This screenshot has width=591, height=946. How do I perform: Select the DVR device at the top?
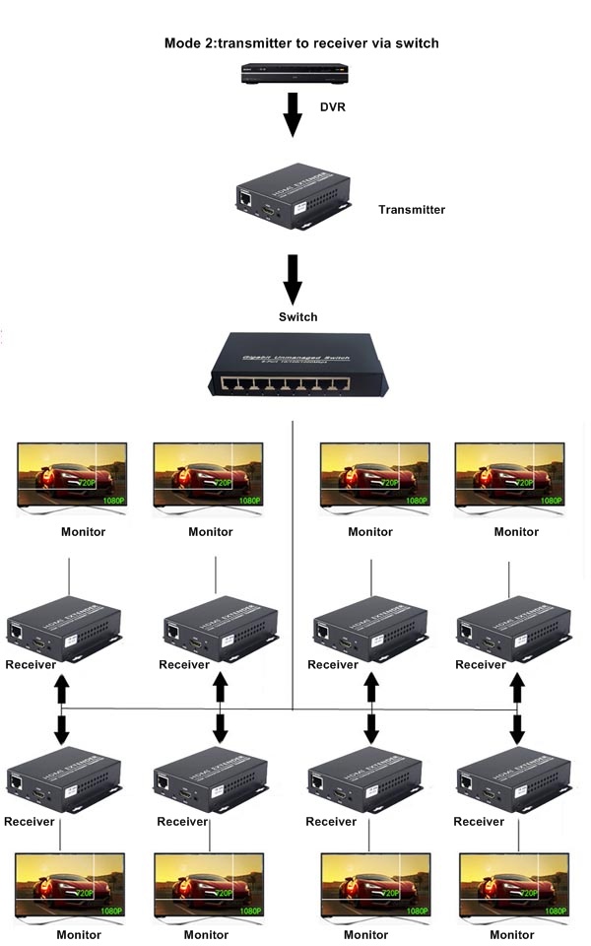295,72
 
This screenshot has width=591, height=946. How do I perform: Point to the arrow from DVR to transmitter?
293,114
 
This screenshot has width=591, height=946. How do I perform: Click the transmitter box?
293,196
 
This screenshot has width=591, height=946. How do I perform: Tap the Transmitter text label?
412,210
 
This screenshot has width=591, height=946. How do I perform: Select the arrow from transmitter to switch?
293,280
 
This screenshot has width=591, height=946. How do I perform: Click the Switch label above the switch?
298,317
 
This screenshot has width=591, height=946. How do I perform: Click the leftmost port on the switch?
228,382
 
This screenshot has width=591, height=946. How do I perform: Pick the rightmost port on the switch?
342,382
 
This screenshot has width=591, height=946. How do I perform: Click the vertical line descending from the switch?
294,552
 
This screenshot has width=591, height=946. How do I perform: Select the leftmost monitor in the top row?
71,475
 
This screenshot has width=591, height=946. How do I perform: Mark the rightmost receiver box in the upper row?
514,628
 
